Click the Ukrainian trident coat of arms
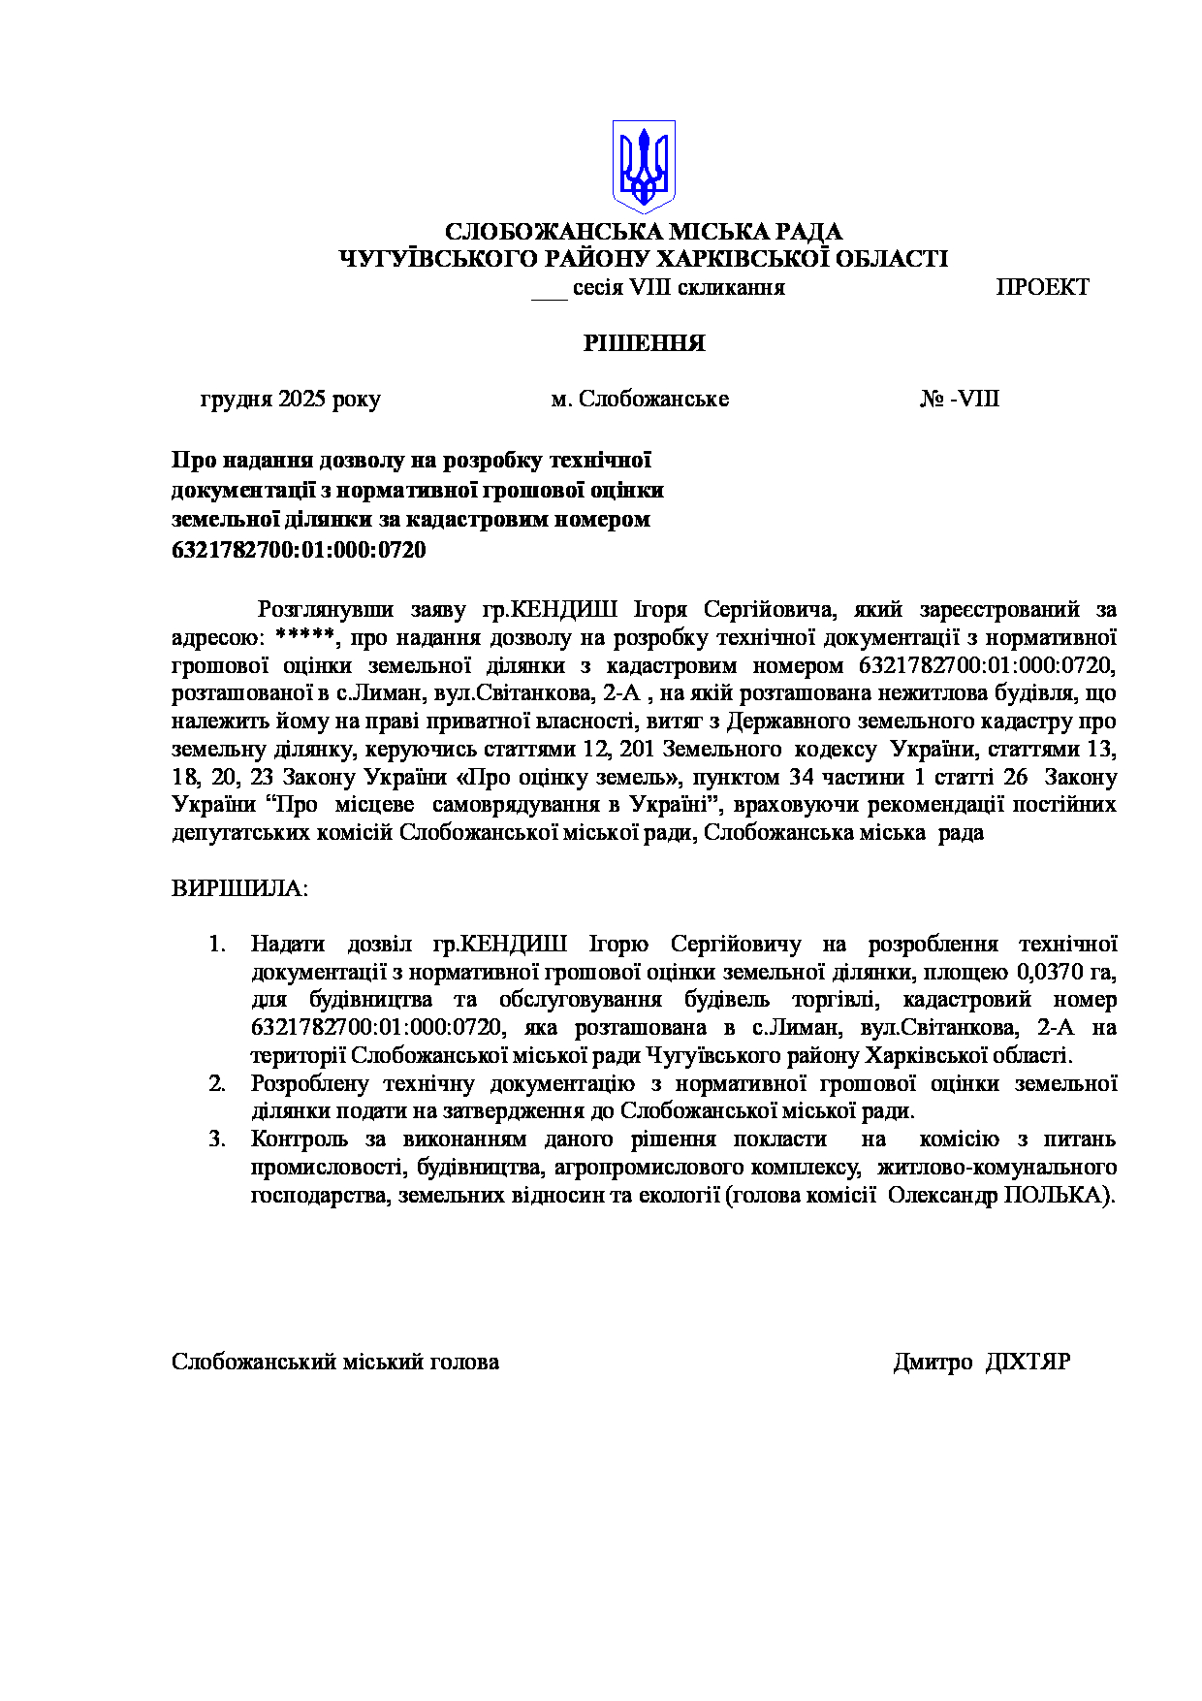click(x=644, y=167)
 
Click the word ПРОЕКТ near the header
click(x=1042, y=288)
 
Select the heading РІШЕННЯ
click(x=644, y=343)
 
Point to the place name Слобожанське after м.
click(x=653, y=400)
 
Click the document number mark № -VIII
click(x=959, y=400)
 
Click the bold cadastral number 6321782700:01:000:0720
click(x=299, y=551)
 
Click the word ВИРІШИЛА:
click(x=239, y=889)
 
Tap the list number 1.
click(x=217, y=945)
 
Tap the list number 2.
click(x=217, y=1084)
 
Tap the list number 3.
click(x=217, y=1139)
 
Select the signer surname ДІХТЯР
click(x=1028, y=1363)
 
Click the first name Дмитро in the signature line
click(x=932, y=1363)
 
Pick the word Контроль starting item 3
click(x=299, y=1139)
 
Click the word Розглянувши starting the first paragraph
click(x=325, y=610)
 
